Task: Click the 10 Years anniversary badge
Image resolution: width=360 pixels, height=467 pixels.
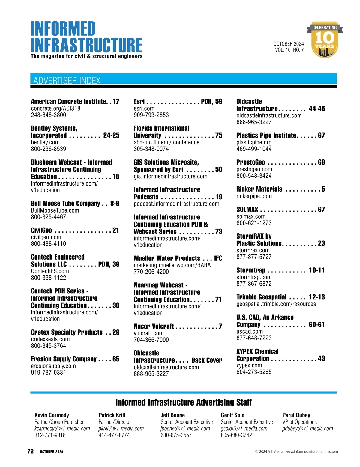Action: pos(325,40)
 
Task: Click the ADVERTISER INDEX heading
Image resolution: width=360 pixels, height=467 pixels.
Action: pos(67,80)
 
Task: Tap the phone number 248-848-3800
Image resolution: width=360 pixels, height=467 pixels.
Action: pos(49,115)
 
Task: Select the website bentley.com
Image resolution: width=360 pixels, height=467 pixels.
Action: pos(45,142)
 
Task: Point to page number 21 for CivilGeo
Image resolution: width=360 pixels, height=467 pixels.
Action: pos(116,230)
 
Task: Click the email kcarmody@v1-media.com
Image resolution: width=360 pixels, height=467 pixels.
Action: pos(62,429)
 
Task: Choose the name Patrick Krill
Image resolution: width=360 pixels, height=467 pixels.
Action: pos(112,415)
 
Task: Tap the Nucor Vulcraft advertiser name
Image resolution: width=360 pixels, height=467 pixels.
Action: pos(154,326)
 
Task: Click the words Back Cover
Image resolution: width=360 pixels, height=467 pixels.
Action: pos(207,360)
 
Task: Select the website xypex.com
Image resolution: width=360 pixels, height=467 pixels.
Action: pos(249,365)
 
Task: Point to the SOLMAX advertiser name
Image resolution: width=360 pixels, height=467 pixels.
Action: pos(247,209)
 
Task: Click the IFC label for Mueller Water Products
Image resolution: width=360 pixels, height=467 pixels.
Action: pos(218,258)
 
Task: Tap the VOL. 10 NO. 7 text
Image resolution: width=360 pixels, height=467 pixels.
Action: pos(289,50)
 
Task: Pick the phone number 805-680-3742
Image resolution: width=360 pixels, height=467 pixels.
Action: pos(236,435)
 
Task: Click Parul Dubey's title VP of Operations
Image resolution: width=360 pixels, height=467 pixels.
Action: pos(299,422)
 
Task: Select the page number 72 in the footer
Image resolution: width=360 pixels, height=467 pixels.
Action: pos(31,451)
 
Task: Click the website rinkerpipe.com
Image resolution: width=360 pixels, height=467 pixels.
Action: pos(254,196)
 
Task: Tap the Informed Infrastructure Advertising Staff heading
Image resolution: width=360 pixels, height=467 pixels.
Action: pos(184,402)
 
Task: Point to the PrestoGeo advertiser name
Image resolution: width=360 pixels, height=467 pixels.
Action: pos(250,162)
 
